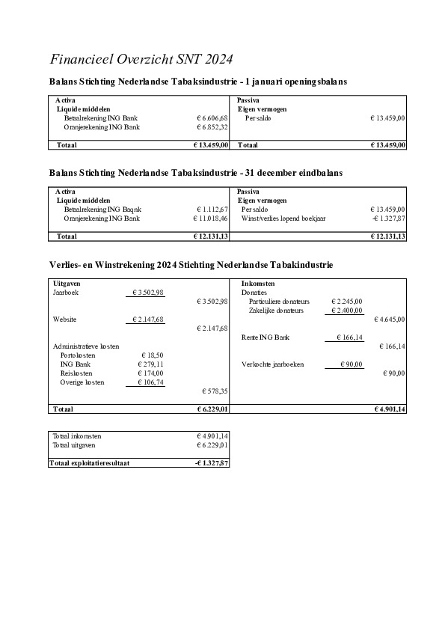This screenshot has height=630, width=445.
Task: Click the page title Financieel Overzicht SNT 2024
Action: [x=141, y=59]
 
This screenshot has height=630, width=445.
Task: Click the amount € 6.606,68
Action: [x=212, y=118]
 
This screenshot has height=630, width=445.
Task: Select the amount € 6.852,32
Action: [x=212, y=127]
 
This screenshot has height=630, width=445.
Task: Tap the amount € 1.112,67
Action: [x=212, y=210]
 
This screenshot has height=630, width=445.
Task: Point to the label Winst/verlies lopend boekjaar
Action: [x=283, y=218]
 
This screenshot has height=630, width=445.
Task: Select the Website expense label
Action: [x=65, y=319]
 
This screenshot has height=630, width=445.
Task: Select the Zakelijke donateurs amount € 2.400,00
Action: [x=346, y=311]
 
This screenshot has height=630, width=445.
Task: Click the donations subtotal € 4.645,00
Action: [x=389, y=319]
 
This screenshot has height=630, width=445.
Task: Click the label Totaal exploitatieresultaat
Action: [x=89, y=463]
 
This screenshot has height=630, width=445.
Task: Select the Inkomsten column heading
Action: [x=258, y=284]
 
